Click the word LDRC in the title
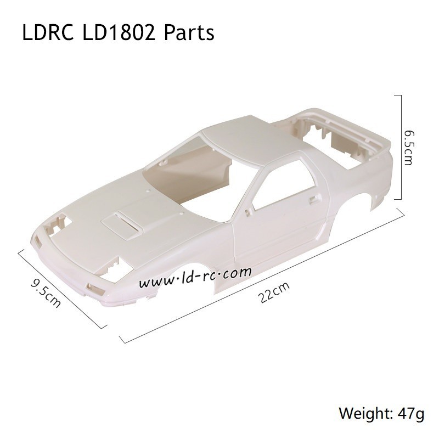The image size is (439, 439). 48,33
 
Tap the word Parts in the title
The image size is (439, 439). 188,33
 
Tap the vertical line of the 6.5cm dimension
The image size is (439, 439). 403,147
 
